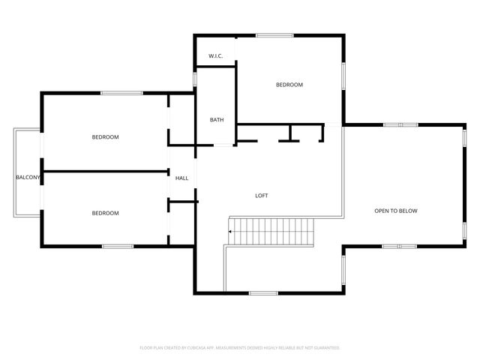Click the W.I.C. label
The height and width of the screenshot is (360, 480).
pyautogui.click(x=215, y=56)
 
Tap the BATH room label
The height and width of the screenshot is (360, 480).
pyautogui.click(x=217, y=120)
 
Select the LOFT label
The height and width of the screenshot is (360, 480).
pyautogui.click(x=261, y=196)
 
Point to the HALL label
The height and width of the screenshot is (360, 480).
pyautogui.click(x=182, y=178)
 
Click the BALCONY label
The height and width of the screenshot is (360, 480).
pyautogui.click(x=28, y=177)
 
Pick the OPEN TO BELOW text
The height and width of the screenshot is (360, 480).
pyautogui.click(x=396, y=211)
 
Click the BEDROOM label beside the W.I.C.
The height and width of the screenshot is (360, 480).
pyautogui.click(x=289, y=85)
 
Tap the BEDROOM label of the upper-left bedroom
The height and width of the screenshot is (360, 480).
pyautogui.click(x=106, y=136)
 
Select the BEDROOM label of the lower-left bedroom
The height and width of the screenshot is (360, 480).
pyautogui.click(x=106, y=213)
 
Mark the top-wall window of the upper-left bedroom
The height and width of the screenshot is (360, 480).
pyautogui.click(x=122, y=93)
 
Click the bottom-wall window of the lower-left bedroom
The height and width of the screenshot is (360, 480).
pyautogui.click(x=118, y=246)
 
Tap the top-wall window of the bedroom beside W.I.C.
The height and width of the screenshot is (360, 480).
pyautogui.click(x=274, y=35)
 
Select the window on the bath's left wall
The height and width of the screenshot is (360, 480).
pyautogui.click(x=195, y=79)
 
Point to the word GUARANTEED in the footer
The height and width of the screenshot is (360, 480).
pyautogui.click(x=325, y=348)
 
